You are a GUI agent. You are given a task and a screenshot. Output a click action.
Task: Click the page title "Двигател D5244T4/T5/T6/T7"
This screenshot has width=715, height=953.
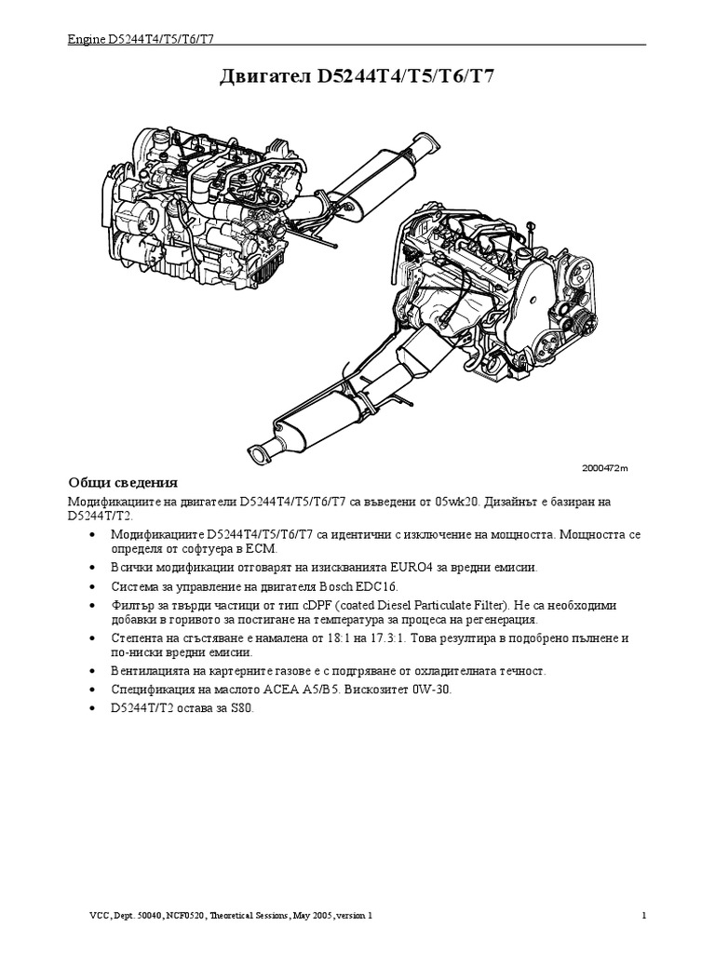(x=357, y=76)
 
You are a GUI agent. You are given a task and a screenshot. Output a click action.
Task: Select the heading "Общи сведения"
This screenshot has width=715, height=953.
(x=122, y=483)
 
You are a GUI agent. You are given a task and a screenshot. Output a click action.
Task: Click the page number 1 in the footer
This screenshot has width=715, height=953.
(x=644, y=916)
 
